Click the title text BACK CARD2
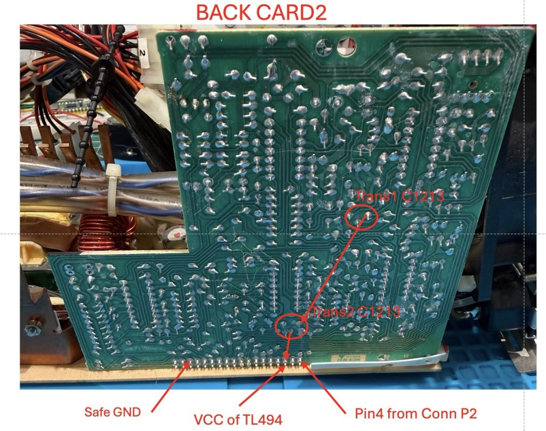coord(261,12)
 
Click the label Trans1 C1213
coord(399,197)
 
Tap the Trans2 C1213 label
coord(356,312)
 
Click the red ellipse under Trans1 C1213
coord(362,217)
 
